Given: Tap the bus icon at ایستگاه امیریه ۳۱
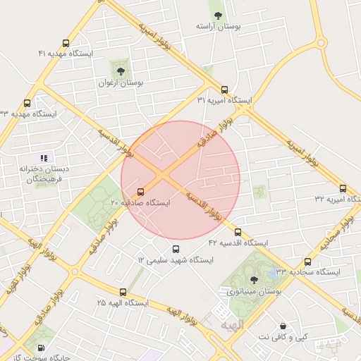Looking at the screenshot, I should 224,90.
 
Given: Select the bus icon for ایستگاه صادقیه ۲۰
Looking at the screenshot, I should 140,191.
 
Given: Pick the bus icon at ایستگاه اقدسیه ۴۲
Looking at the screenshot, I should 237,232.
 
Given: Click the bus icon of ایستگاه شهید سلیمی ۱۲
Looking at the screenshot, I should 176,249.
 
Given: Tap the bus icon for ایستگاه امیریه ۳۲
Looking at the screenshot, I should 343,189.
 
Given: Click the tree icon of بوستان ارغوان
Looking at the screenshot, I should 120,71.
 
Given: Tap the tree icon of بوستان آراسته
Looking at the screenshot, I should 217,15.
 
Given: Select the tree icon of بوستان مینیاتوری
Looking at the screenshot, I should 254,280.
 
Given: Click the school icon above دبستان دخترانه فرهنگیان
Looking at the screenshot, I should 44,158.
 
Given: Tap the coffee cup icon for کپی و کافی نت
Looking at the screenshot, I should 283,326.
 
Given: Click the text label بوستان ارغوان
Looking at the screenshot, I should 120,82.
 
